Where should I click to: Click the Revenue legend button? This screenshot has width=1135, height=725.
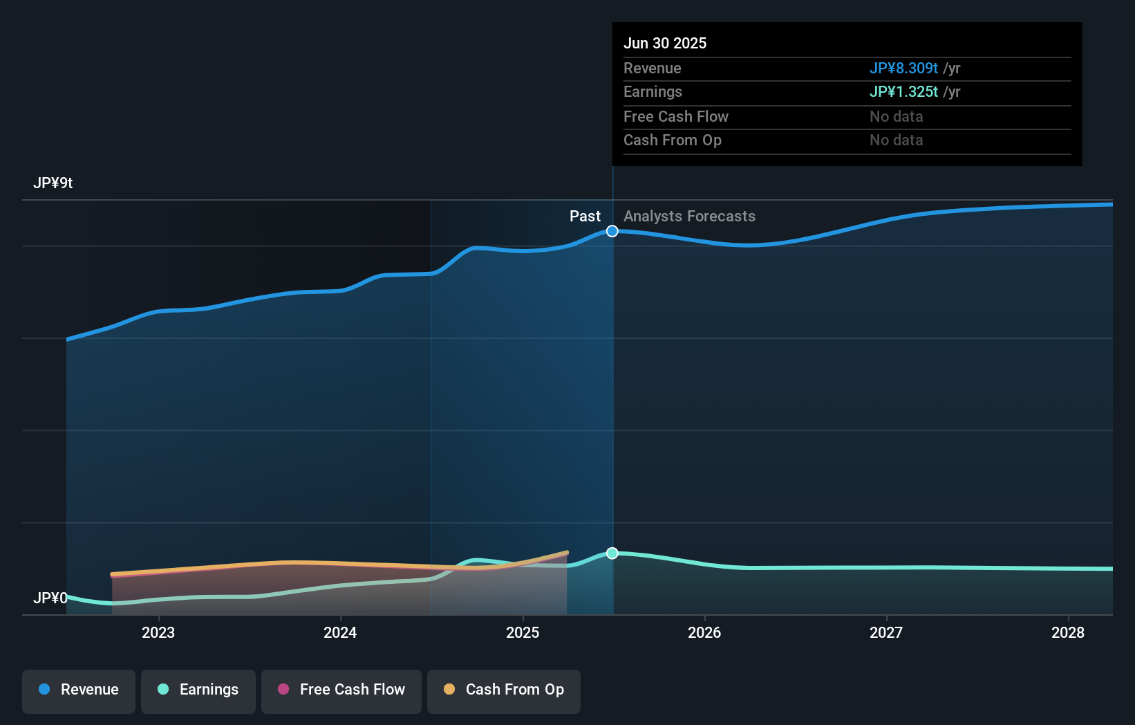click(79, 690)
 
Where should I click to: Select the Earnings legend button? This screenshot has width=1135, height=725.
click(198, 690)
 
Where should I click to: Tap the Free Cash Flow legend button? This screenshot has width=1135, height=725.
click(341, 690)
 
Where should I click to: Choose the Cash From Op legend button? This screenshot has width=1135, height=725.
click(504, 690)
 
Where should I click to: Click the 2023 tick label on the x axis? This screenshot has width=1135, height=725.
click(158, 633)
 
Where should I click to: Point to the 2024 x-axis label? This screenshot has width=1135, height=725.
click(340, 633)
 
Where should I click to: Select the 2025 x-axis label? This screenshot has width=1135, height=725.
click(523, 633)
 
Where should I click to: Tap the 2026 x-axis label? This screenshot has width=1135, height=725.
click(704, 633)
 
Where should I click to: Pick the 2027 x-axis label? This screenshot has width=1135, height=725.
click(886, 633)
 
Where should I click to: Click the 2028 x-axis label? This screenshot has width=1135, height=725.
click(1068, 633)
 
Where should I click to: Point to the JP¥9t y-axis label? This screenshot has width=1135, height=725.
click(53, 183)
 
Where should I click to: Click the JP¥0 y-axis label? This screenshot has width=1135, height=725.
click(50, 598)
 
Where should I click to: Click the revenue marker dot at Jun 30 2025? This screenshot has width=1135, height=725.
click(612, 231)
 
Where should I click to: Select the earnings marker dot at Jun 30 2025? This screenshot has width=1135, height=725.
click(612, 553)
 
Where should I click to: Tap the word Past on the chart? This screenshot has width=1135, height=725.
click(585, 217)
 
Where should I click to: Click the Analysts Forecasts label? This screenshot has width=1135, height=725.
click(689, 217)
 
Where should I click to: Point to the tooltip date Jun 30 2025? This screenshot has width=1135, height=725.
click(665, 44)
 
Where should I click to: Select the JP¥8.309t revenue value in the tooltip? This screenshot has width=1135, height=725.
click(903, 68)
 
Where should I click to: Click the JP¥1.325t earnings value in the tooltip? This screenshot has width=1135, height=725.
click(903, 92)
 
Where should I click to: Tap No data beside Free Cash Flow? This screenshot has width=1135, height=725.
click(896, 117)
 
